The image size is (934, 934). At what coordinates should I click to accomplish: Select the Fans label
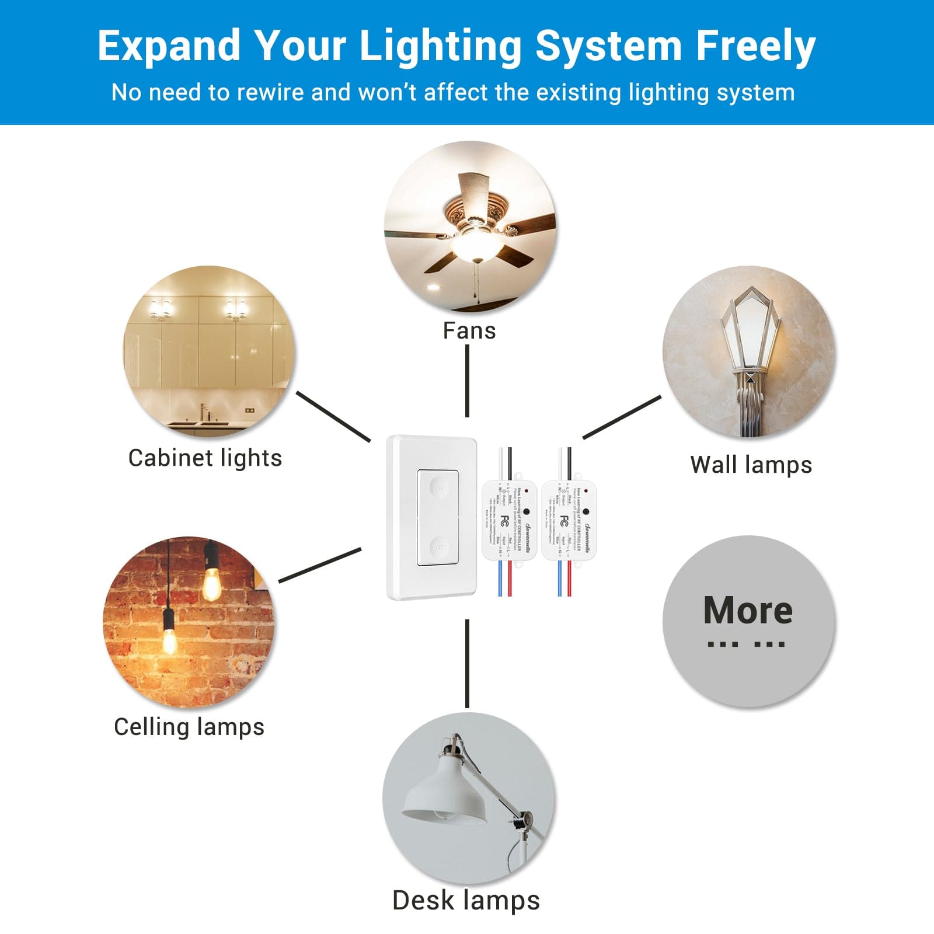point(469,331)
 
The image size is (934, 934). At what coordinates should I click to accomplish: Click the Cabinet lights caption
point(205,458)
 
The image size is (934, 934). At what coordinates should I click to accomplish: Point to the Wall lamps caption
point(751,465)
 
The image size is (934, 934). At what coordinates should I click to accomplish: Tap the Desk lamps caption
point(466,900)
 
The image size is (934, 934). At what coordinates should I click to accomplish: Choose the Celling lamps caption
point(189,727)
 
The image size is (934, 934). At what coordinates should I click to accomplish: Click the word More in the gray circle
point(748,611)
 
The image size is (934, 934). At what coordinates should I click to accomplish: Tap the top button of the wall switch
point(438,487)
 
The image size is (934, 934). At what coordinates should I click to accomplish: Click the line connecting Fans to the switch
point(467,381)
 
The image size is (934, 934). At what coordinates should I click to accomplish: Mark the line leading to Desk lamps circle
point(467,664)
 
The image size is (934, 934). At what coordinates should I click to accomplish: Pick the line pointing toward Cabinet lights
point(333,416)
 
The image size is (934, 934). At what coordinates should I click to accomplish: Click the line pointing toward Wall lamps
point(622,417)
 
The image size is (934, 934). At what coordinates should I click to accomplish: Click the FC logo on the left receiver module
point(506,521)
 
